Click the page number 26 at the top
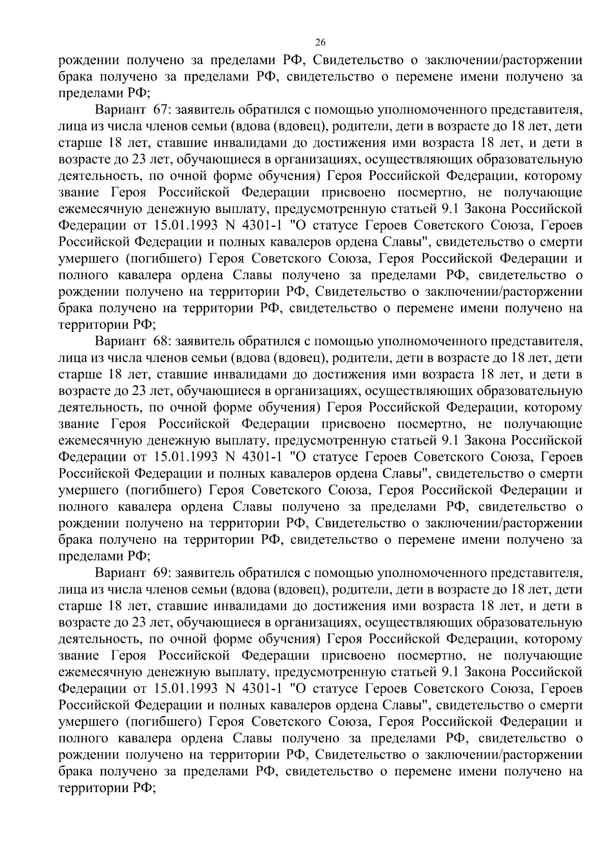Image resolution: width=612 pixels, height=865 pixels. click(320, 42)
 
